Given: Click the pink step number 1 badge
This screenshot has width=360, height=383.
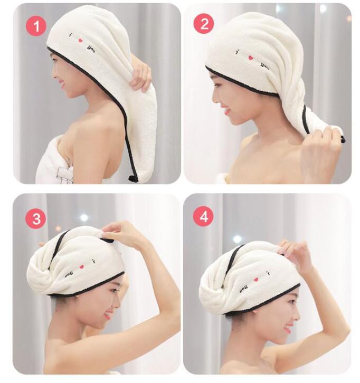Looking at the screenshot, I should tap(35, 26).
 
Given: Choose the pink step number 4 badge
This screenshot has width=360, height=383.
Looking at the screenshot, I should tap(203, 216).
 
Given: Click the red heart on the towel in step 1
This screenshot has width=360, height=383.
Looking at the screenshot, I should tap(81, 40).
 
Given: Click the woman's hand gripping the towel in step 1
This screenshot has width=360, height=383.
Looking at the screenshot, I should tap(141, 75).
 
